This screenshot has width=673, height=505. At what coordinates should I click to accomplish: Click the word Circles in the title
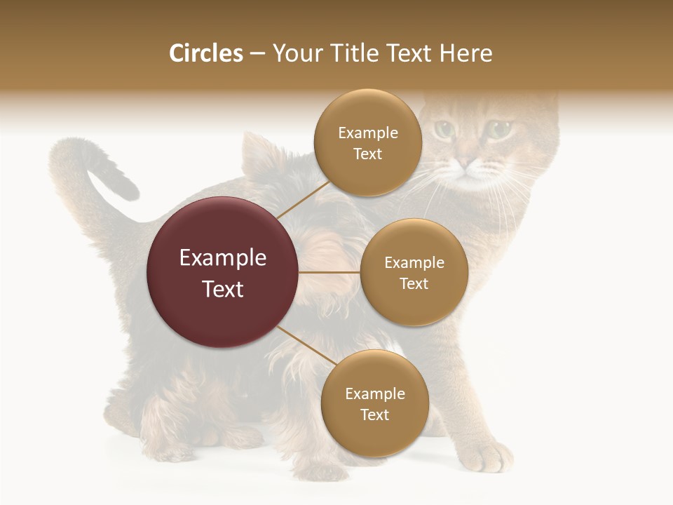click(206, 53)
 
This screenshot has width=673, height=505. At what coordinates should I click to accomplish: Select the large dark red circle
click(223, 272)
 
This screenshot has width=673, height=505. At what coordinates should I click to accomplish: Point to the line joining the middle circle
click(329, 272)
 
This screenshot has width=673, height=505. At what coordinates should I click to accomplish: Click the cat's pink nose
click(465, 163)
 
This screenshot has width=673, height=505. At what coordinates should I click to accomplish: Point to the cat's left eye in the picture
click(444, 129)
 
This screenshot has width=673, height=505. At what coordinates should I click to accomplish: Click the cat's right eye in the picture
click(499, 129)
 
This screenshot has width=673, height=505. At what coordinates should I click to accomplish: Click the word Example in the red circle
click(223, 258)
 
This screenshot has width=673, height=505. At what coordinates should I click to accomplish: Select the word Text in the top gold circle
click(367, 154)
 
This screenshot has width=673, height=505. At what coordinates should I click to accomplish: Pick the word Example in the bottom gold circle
click(374, 394)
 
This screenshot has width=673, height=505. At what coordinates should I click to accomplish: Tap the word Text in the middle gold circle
click(414, 284)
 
